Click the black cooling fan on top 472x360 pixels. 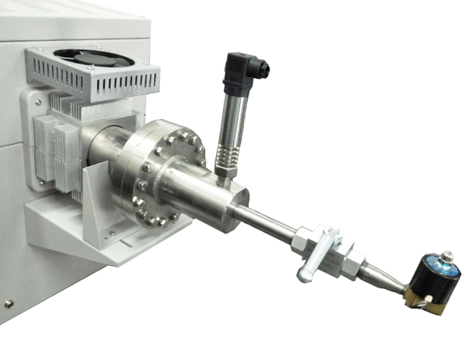94,57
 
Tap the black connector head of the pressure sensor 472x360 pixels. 241,73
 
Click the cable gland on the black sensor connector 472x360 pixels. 263,70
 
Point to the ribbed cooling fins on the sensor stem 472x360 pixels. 227,156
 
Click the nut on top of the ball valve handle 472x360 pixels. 334,232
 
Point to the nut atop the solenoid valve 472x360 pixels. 446,257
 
